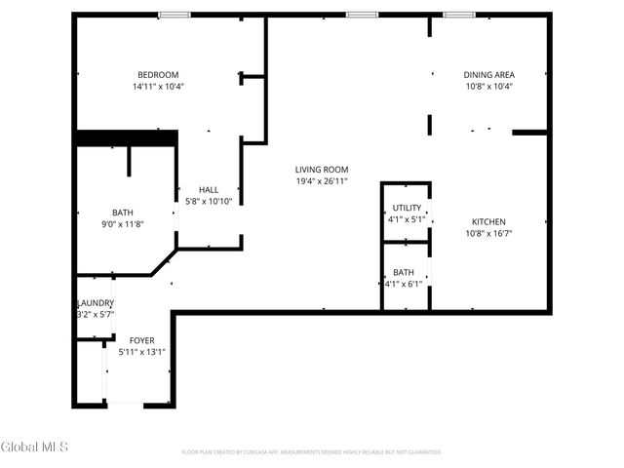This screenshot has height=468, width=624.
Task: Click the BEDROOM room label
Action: (157, 75)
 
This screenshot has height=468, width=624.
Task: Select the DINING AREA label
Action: (488, 75)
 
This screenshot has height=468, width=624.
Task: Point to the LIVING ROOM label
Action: (322, 170)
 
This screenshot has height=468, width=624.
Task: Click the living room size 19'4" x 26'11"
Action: (322, 181)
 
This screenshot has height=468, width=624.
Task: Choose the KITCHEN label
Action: (488, 222)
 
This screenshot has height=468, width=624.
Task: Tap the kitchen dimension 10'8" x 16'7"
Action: (488, 234)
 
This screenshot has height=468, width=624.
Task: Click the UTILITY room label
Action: (407, 209)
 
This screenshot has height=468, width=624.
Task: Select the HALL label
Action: (209, 190)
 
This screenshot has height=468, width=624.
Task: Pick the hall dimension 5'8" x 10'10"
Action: (209, 202)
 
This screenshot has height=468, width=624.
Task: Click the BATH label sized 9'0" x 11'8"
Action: (122, 213)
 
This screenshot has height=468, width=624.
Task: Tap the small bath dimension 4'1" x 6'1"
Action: (404, 284)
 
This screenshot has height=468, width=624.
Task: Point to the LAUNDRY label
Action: (96, 303)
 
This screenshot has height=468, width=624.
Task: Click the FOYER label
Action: (141, 340)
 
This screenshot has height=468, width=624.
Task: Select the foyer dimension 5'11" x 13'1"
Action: (141, 352)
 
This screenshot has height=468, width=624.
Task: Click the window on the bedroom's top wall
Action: (175, 15)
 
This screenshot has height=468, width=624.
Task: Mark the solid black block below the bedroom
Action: (126, 138)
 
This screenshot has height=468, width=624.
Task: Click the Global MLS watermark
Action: (34, 448)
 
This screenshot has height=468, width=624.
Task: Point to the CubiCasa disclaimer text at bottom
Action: (312, 452)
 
